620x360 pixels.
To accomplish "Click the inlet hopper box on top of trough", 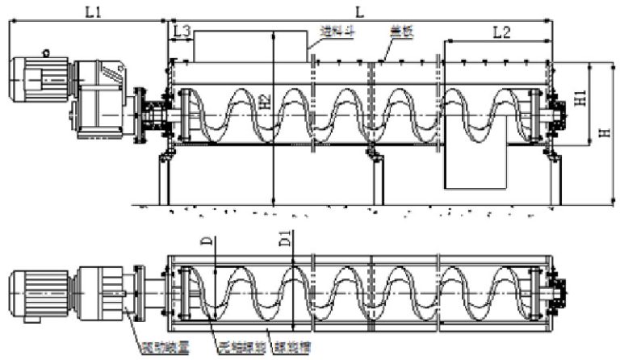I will click(249, 45).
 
